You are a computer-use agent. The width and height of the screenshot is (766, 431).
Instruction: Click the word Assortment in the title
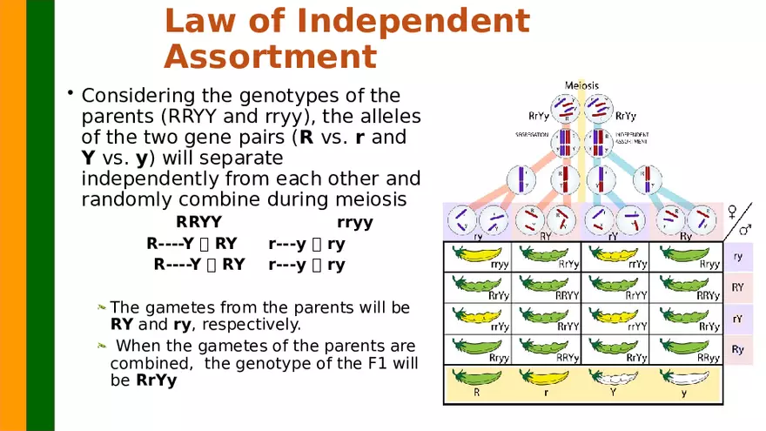(x=270, y=57)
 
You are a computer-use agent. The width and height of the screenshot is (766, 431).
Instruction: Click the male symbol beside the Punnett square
(x=745, y=230)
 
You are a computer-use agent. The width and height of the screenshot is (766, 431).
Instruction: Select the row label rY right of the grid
(x=737, y=319)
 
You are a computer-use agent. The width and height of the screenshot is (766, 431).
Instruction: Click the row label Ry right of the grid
(x=737, y=349)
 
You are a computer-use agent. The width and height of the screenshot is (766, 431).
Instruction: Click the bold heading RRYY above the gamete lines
(x=198, y=222)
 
